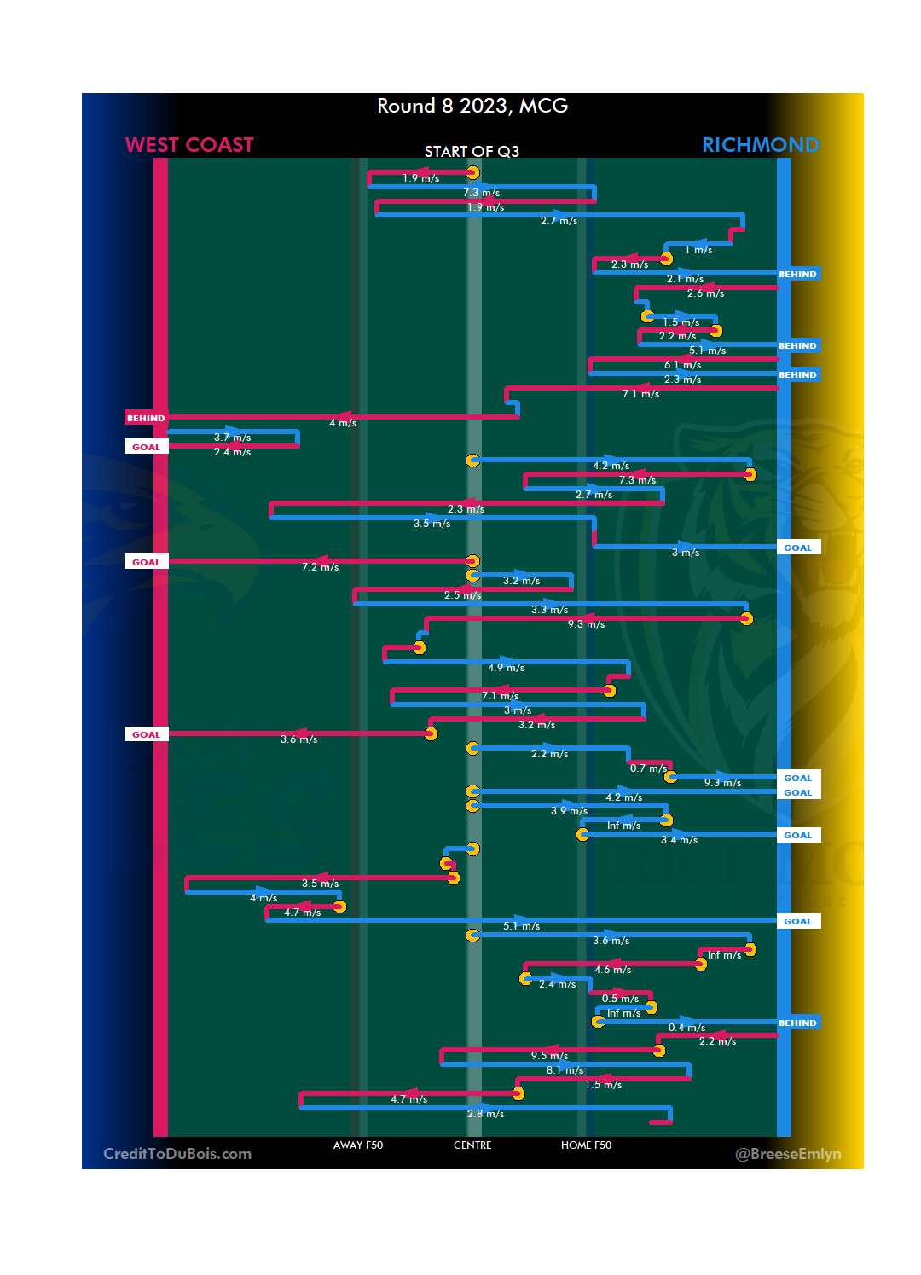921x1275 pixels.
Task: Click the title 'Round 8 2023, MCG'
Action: click(472, 106)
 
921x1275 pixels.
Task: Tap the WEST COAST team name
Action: click(189, 145)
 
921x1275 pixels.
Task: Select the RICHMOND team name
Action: click(760, 145)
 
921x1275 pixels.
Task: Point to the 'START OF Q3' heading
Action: click(472, 152)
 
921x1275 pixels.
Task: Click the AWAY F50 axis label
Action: click(358, 1145)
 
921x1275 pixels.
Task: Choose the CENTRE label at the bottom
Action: click(472, 1145)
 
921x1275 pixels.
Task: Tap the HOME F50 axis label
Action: click(586, 1145)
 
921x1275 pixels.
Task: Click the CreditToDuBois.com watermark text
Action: click(177, 1154)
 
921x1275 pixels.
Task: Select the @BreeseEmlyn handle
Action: click(788, 1154)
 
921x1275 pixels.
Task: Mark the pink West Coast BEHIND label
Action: click(146, 418)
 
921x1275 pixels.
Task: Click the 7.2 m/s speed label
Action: click(320, 567)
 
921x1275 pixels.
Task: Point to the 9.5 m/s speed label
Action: click(549, 1056)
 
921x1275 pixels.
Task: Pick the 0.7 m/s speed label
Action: click(648, 768)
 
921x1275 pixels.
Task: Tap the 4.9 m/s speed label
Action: click(506, 668)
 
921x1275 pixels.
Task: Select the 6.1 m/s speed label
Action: click(682, 365)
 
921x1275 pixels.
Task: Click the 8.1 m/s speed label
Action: click(565, 1070)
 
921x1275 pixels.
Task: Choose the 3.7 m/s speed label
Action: click(232, 438)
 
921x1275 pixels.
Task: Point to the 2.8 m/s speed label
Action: click(485, 1114)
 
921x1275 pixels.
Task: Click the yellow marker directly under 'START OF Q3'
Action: click(472, 173)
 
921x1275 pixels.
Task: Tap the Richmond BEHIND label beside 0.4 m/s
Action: click(797, 1023)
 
